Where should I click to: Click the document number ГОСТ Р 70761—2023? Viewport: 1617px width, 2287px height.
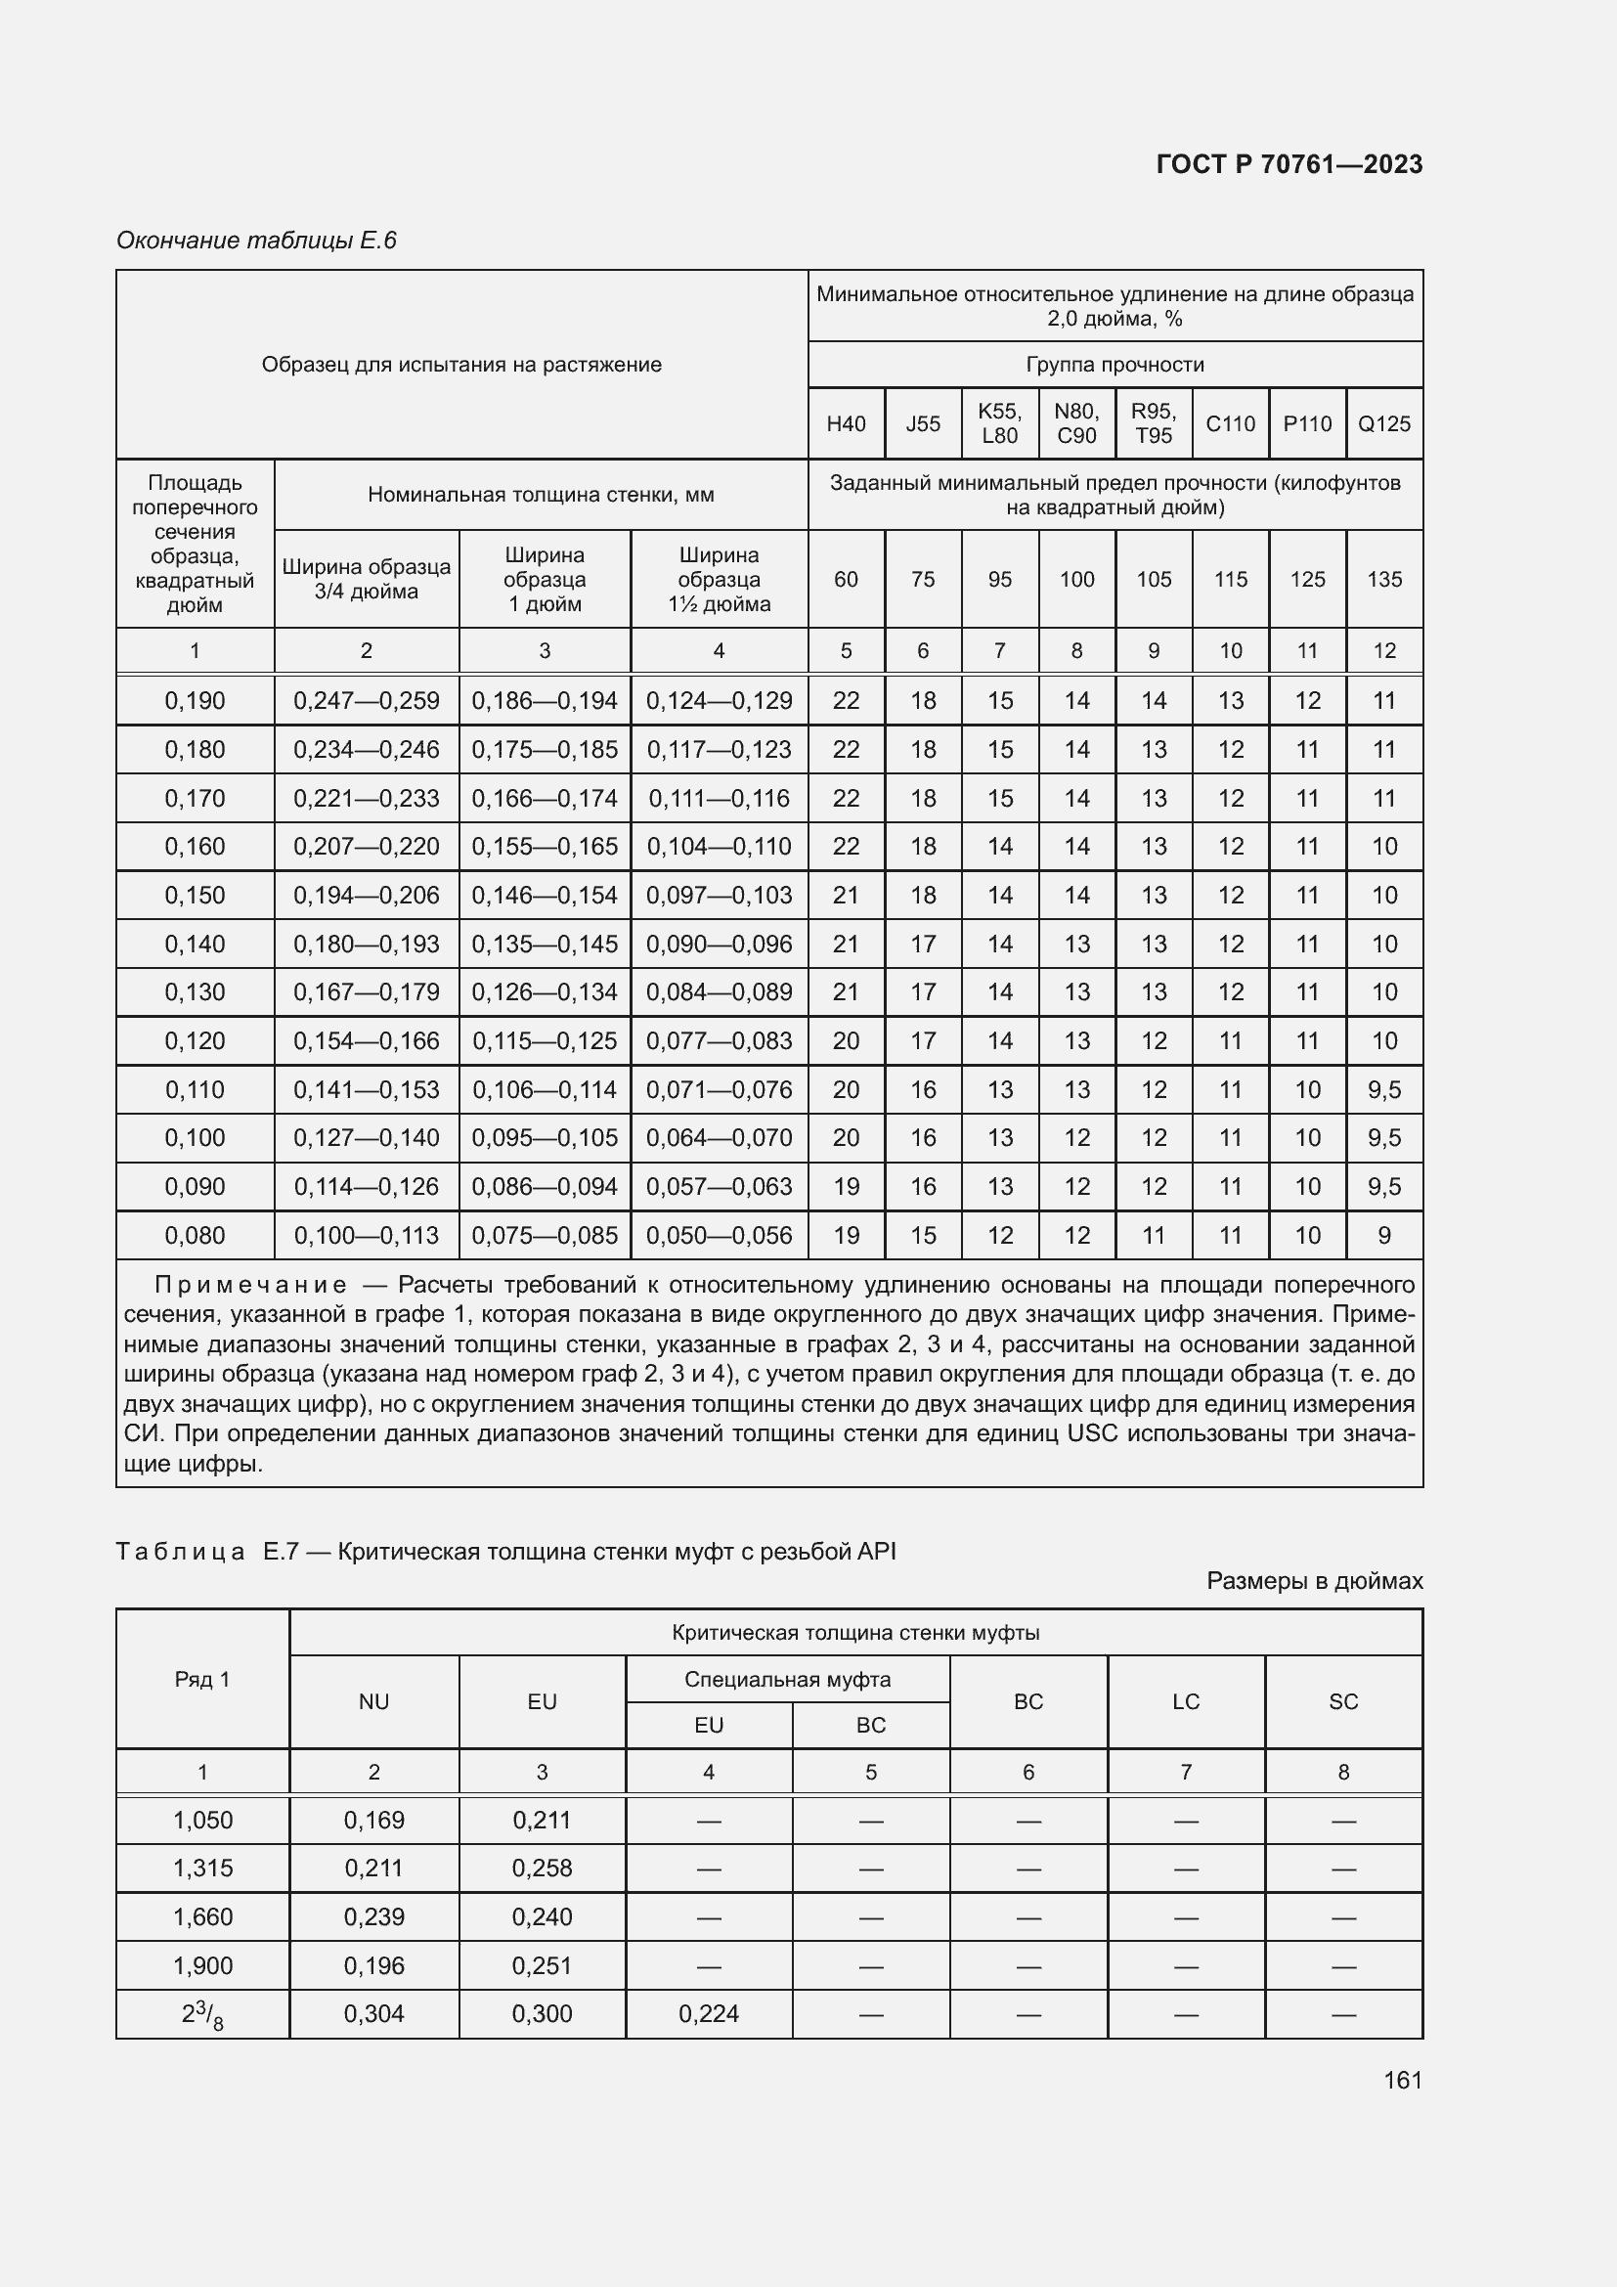click(x=1289, y=164)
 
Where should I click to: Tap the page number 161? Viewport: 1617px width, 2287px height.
click(x=1402, y=2080)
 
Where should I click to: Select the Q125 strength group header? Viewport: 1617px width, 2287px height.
click(x=1384, y=423)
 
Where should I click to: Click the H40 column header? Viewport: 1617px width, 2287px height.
click(x=846, y=423)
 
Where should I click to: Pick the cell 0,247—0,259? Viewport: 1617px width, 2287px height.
click(x=367, y=700)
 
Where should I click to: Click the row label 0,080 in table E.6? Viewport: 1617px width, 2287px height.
click(x=196, y=1235)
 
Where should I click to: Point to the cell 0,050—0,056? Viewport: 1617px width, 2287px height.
click(x=719, y=1235)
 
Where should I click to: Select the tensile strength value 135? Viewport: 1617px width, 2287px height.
click(x=1384, y=579)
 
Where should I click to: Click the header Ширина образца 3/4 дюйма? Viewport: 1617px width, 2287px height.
click(x=367, y=579)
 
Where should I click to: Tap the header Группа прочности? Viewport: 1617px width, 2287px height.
click(x=1114, y=365)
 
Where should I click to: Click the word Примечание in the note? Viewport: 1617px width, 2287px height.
click(x=251, y=1285)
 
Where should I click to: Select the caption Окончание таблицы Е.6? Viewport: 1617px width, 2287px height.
click(x=256, y=241)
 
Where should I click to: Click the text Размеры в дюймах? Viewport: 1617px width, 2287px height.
click(x=1314, y=1581)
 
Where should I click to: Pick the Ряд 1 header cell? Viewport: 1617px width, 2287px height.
click(x=202, y=1680)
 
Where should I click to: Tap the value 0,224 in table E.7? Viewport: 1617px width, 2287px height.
click(x=709, y=2014)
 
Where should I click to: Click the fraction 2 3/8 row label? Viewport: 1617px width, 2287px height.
click(x=202, y=2015)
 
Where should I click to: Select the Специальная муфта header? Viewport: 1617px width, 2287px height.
click(x=787, y=1680)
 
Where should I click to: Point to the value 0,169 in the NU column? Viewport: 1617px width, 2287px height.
click(x=374, y=1821)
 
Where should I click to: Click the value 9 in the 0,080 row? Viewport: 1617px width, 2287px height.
click(x=1384, y=1235)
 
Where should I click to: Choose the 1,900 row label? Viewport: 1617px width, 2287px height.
click(x=202, y=1966)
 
